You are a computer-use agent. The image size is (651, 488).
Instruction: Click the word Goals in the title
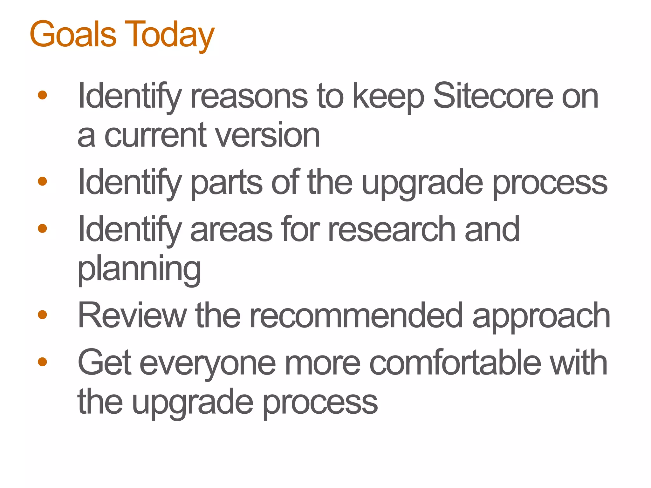[73, 34]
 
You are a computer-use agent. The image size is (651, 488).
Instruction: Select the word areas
[231, 229]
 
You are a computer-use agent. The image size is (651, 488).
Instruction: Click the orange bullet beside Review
[42, 315]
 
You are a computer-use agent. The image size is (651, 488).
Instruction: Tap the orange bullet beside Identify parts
[42, 181]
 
